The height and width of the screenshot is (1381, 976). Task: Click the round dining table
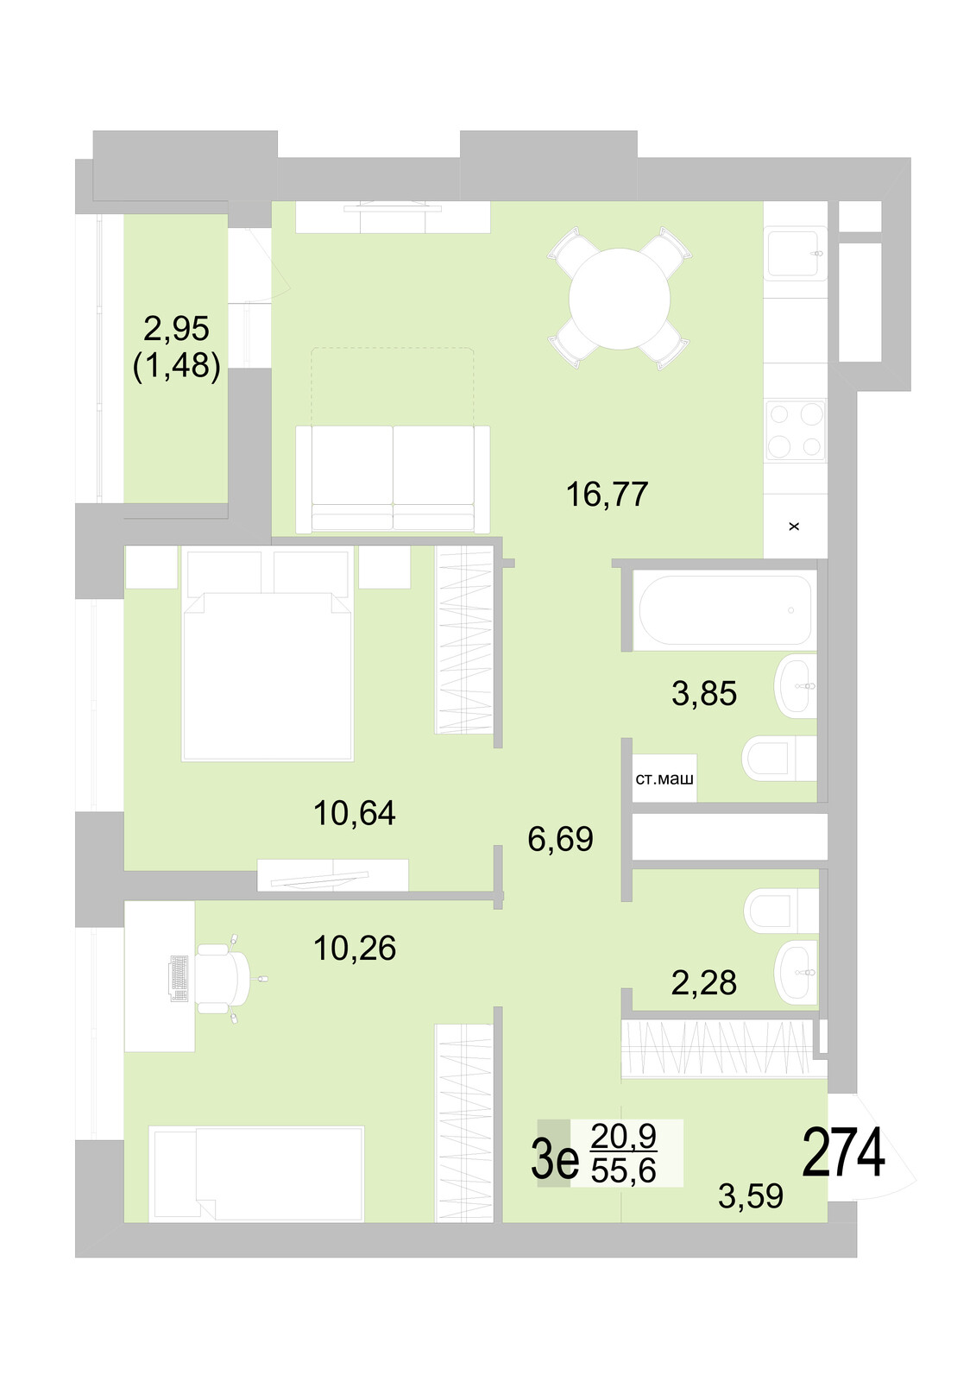619,299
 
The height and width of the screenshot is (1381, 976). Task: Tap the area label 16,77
607,495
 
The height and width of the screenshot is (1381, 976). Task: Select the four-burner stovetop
795,430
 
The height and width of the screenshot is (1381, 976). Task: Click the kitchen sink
793,253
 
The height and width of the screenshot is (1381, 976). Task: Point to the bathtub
723,610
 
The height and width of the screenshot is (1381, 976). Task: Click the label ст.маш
664,779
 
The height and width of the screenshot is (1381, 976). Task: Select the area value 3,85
703,693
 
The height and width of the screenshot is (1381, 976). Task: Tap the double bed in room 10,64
267,665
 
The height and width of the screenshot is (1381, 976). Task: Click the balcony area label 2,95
176,329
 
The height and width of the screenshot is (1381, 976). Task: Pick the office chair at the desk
220,978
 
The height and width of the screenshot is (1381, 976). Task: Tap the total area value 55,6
623,1170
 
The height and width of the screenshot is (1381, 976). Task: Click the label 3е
554,1159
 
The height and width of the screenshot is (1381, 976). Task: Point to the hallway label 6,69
560,839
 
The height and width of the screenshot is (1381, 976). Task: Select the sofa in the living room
393,479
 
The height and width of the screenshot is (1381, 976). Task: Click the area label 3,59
750,1196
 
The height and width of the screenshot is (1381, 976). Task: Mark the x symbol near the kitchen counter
794,526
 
